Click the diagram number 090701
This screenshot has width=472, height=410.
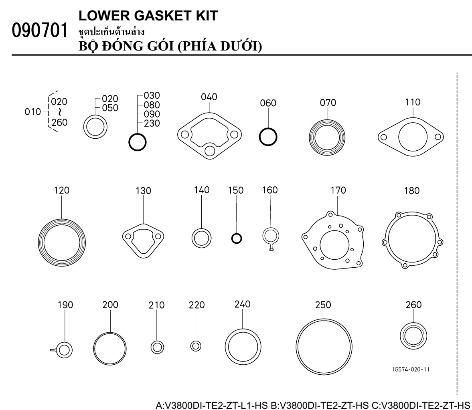[x=40, y=31]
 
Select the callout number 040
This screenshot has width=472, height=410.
[x=209, y=97]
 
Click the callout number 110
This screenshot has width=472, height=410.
[x=412, y=102]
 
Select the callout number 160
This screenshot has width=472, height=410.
[x=270, y=190]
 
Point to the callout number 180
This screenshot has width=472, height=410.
[x=412, y=191]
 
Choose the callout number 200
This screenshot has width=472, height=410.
[x=110, y=305]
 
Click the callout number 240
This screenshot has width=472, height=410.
[x=242, y=304]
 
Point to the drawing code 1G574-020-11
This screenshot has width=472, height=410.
[x=411, y=370]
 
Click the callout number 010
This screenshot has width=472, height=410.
[x=32, y=112]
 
